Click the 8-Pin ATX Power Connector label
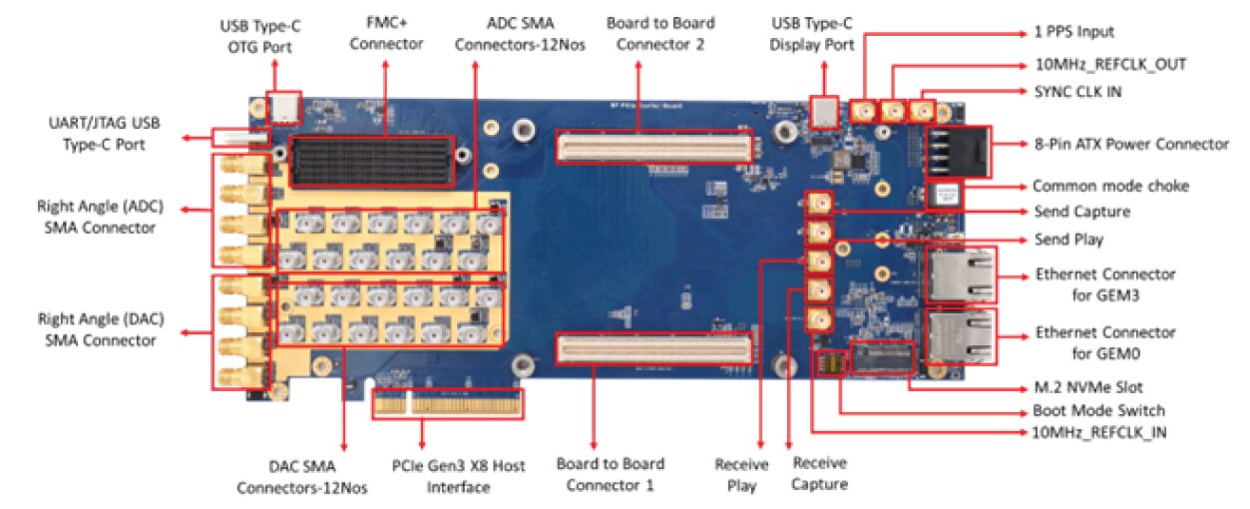click(x=1131, y=145)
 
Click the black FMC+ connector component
click(x=372, y=161)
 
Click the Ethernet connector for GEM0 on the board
click(x=959, y=337)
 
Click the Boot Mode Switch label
click(x=1098, y=410)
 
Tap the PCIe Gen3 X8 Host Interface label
click(x=458, y=476)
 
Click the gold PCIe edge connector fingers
click(x=449, y=404)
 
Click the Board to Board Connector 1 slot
click(x=653, y=348)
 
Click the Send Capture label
click(x=1080, y=212)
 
